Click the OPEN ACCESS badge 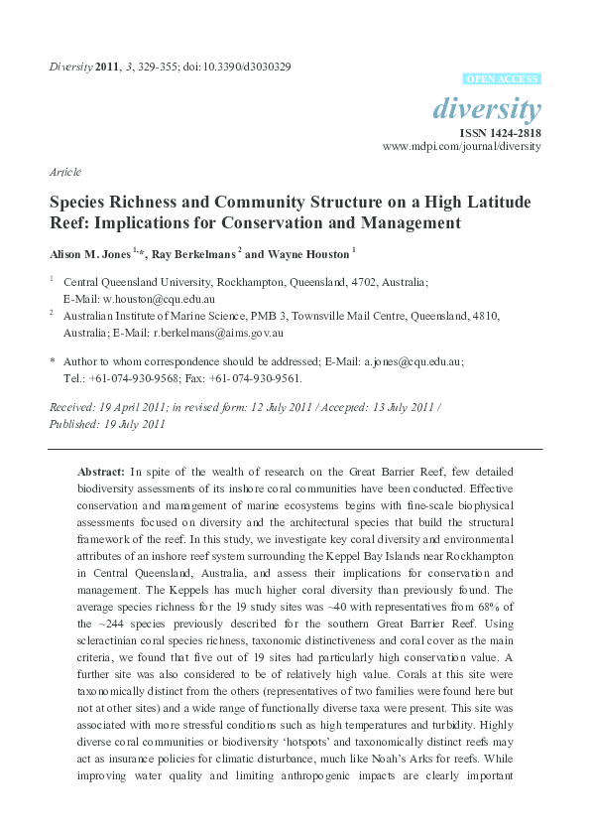coord(503,77)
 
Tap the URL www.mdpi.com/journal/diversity coord(462,145)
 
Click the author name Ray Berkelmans coord(191,252)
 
